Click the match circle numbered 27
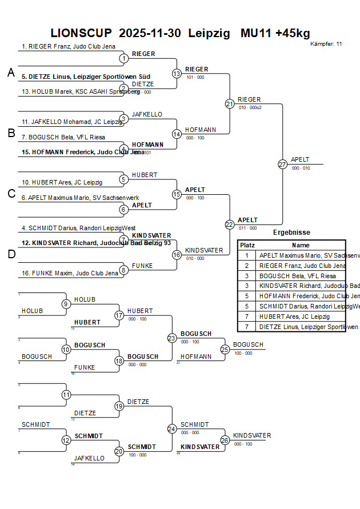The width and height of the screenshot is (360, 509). coord(282,164)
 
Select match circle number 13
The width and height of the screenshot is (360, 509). coord(177,73)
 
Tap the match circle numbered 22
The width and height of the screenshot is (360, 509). coord(229,225)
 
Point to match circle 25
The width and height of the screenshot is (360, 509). coord(225,349)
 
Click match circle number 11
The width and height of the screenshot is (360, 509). coord(66,395)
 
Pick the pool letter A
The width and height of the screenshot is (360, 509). coord(11,73)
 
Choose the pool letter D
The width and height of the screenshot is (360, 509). coord(11,254)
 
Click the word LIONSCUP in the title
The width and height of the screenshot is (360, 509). coord(81,33)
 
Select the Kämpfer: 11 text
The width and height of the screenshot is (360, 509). coord(326,44)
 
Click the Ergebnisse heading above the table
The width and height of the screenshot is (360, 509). coord(291,233)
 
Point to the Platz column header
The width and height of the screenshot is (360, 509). coord(247,245)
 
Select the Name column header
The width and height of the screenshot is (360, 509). coord(301,245)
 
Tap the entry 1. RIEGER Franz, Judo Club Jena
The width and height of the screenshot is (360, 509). coord(69,46)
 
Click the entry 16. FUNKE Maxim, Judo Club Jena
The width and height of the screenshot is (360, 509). coord(70,273)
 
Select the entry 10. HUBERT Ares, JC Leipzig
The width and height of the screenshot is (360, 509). coord(62,182)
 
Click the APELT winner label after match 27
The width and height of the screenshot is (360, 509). coord(301,159)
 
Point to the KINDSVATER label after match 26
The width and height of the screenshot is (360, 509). coord(252,435)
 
